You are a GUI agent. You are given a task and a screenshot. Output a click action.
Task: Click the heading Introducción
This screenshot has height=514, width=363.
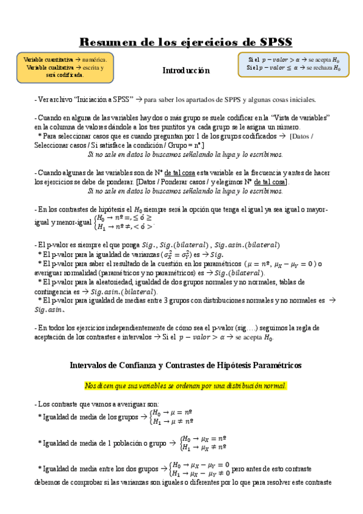pos(185,71)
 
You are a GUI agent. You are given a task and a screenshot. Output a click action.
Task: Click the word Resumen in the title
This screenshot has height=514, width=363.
pos(108,42)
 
